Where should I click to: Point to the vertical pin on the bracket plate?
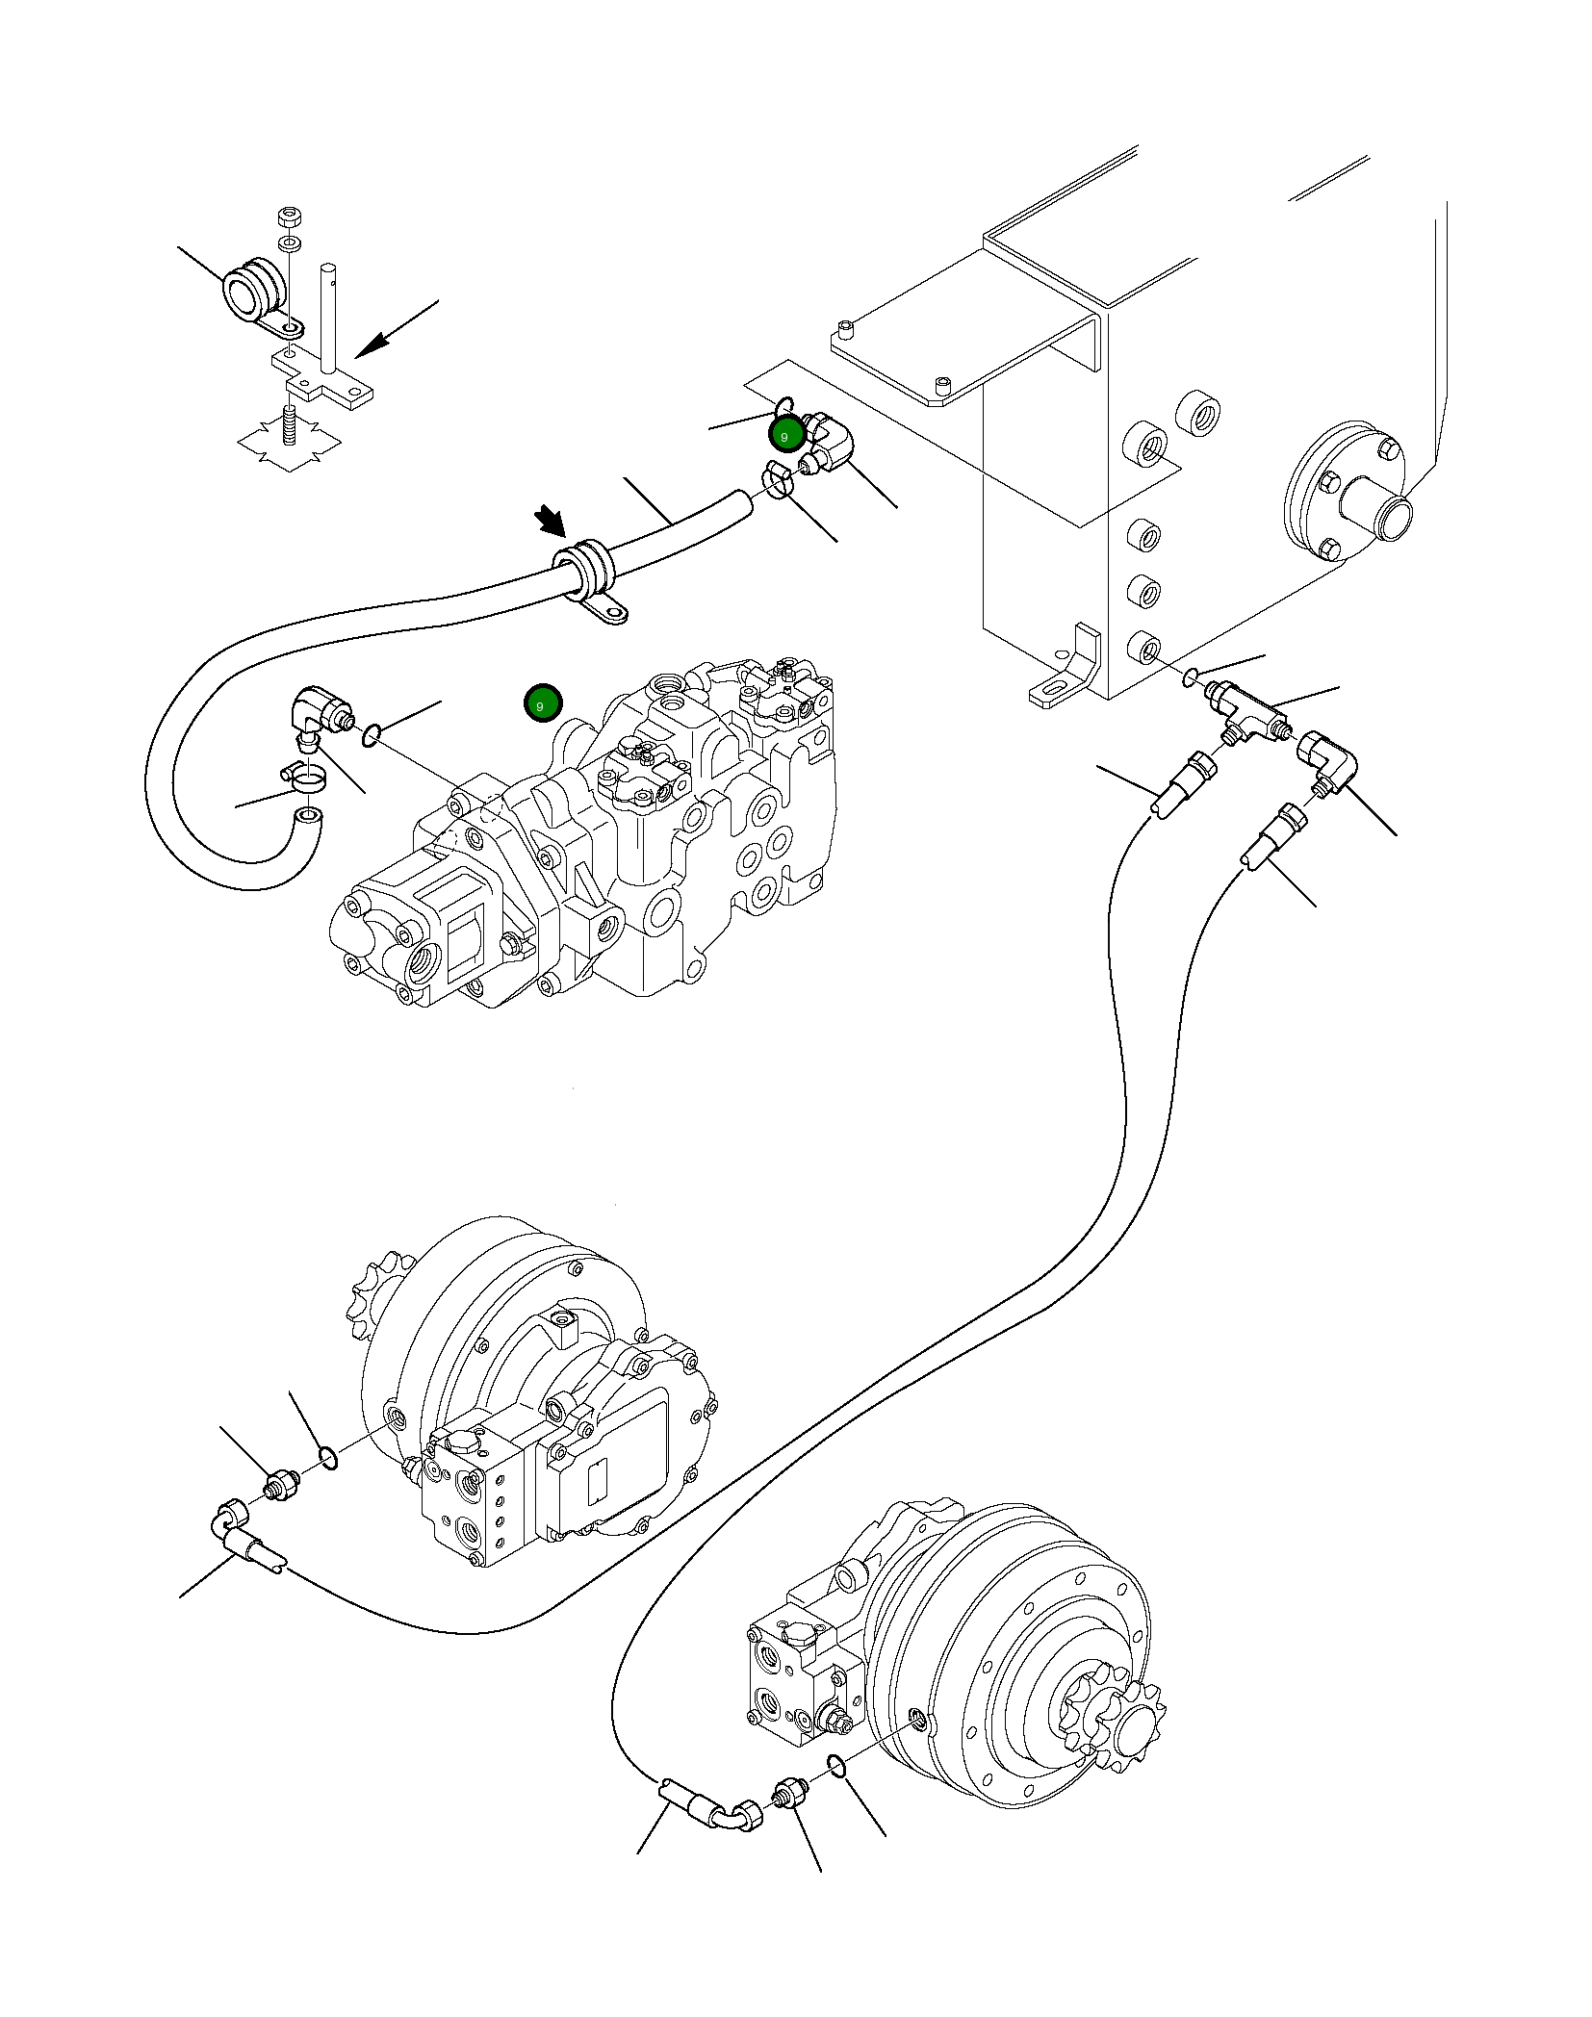pos(331,318)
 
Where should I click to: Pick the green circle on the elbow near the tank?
pos(785,435)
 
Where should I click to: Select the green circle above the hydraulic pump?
pos(541,704)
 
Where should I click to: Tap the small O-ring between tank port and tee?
pos(1191,677)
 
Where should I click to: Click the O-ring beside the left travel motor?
pos(327,1485)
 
